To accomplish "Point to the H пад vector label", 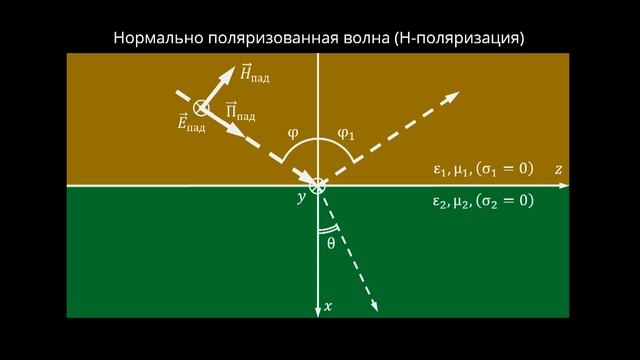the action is [255, 73].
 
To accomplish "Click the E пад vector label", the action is [190, 125].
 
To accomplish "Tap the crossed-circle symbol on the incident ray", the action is [201, 107].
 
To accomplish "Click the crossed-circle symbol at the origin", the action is [318, 186].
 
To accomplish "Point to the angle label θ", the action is [331, 242].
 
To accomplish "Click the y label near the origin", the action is [300, 198].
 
